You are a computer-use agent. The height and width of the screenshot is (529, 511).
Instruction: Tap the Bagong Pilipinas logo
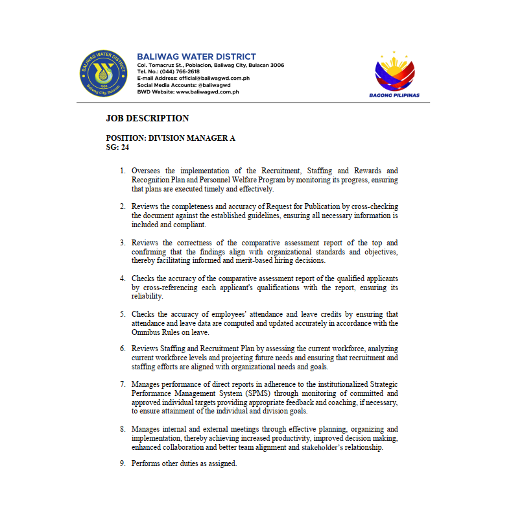click(x=394, y=75)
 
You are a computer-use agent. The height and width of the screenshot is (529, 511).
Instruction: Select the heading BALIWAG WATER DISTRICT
click(x=196, y=57)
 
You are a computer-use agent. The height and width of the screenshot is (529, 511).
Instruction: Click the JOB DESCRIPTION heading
click(x=147, y=119)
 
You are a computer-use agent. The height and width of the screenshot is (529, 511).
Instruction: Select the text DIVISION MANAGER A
click(x=192, y=138)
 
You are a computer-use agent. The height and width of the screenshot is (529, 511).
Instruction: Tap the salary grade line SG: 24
click(x=117, y=147)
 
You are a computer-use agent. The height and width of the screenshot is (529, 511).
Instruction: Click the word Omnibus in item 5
click(x=145, y=332)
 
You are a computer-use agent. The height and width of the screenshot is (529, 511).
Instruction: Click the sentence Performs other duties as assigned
click(x=184, y=463)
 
